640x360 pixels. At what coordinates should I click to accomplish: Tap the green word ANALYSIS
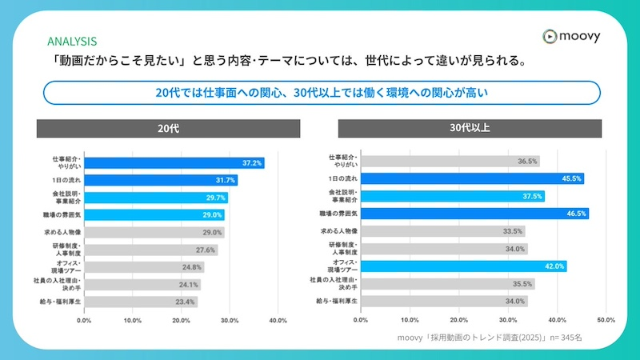click(x=72, y=42)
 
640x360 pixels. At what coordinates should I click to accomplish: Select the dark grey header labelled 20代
click(x=168, y=129)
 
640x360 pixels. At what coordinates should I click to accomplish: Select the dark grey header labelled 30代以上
click(x=470, y=129)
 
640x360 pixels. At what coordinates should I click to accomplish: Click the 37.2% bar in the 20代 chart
click(x=174, y=163)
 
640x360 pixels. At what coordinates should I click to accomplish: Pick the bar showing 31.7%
click(x=161, y=180)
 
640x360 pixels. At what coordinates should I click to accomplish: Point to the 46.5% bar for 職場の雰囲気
click(x=474, y=214)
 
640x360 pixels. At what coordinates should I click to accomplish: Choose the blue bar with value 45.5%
click(x=472, y=179)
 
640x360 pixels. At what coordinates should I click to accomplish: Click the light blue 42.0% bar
click(x=463, y=266)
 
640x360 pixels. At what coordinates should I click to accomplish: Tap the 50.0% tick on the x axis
click(x=606, y=319)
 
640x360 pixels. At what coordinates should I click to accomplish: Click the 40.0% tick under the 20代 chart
click(x=278, y=319)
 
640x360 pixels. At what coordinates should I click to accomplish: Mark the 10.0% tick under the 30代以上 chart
click(x=410, y=319)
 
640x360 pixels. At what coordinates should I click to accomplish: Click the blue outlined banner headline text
click(x=321, y=93)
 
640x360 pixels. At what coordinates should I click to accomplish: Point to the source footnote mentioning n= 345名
click(x=490, y=338)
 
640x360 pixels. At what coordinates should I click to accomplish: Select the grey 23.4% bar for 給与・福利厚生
click(x=141, y=302)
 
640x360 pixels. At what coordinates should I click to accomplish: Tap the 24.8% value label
click(x=192, y=267)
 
